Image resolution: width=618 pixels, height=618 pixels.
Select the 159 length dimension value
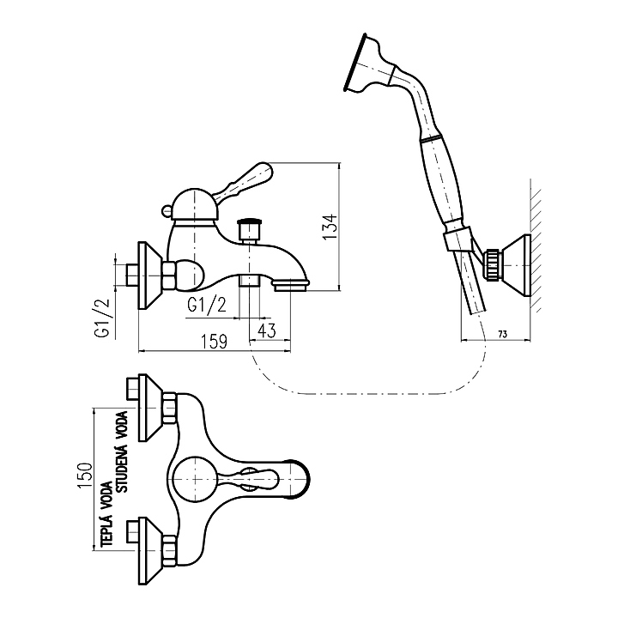coord(214,342)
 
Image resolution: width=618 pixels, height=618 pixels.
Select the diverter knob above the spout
coord(250,230)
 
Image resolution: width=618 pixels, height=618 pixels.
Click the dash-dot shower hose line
coord(360,393)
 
